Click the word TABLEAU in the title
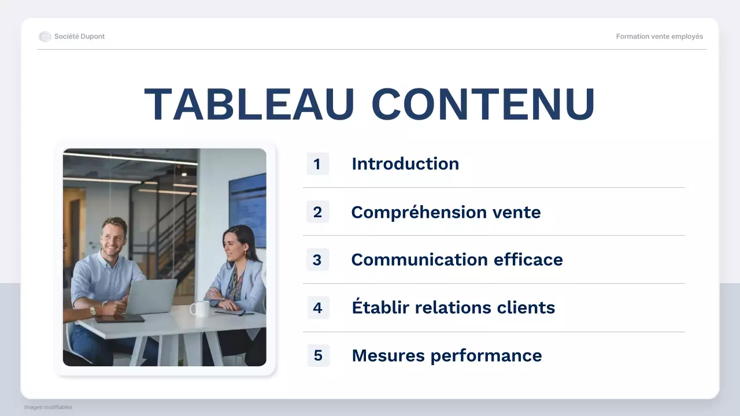click(x=249, y=105)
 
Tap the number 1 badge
click(x=317, y=164)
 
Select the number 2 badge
click(x=317, y=212)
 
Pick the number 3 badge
click(x=317, y=260)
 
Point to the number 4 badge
click(x=317, y=308)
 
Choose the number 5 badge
click(x=317, y=355)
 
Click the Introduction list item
click(x=405, y=164)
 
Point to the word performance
click(x=500, y=356)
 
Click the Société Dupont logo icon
click(x=45, y=36)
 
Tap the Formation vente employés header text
click(x=660, y=36)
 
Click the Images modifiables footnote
click(x=48, y=407)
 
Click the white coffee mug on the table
click(x=200, y=309)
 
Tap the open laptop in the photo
click(x=151, y=296)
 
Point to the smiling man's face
click(x=113, y=237)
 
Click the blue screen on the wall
click(x=247, y=208)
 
